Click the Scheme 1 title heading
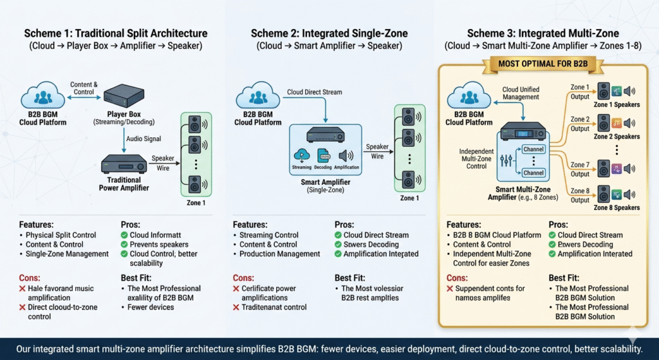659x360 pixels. click(x=116, y=33)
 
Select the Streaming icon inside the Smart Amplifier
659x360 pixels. click(x=302, y=155)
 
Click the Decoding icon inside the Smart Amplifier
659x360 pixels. click(x=324, y=155)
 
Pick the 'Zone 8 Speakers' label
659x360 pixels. click(x=616, y=207)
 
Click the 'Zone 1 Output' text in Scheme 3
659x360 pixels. click(x=580, y=91)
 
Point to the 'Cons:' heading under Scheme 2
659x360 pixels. click(x=243, y=278)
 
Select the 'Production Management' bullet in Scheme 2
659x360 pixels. click(x=280, y=254)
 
